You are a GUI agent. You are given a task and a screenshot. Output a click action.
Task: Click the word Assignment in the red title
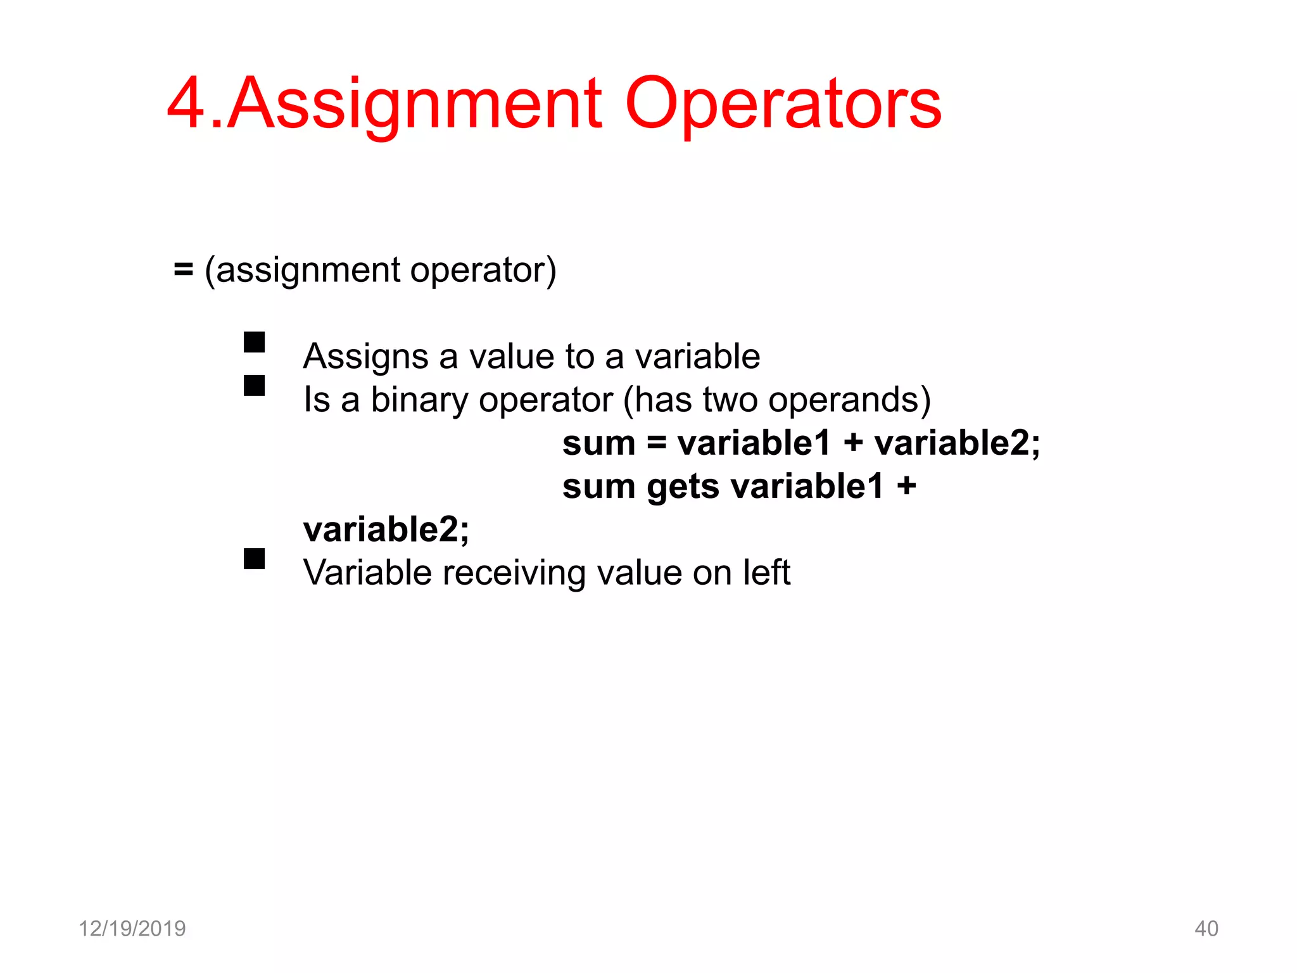[x=415, y=105]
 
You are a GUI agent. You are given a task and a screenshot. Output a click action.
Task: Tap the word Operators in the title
[x=783, y=105]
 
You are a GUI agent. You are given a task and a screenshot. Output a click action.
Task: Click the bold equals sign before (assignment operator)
[x=183, y=270]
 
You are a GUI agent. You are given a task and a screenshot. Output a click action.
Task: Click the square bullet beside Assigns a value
[x=254, y=342]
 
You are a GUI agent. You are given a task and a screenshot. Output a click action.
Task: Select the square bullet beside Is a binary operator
[x=254, y=385]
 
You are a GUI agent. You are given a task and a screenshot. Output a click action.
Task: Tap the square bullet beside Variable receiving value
[x=254, y=558]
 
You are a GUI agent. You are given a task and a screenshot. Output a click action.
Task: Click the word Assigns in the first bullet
[x=365, y=357]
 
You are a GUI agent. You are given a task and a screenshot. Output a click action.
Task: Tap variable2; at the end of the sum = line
[x=957, y=443]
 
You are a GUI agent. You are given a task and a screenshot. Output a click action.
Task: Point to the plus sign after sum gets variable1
[x=906, y=486]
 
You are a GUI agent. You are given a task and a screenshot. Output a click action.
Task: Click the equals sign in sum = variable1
[x=657, y=443]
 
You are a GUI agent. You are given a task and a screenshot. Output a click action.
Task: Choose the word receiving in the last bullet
[x=514, y=573]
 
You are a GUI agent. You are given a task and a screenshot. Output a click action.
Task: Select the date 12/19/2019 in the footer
[x=132, y=929]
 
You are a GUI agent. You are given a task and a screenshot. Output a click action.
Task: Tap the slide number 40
[x=1206, y=929]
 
